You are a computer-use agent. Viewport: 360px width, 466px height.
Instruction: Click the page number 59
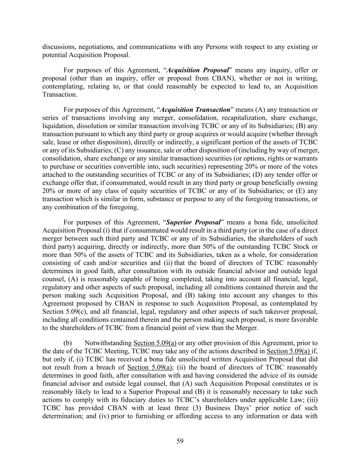point(180,441)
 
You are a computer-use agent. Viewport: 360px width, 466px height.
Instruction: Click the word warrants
point(305,159)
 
